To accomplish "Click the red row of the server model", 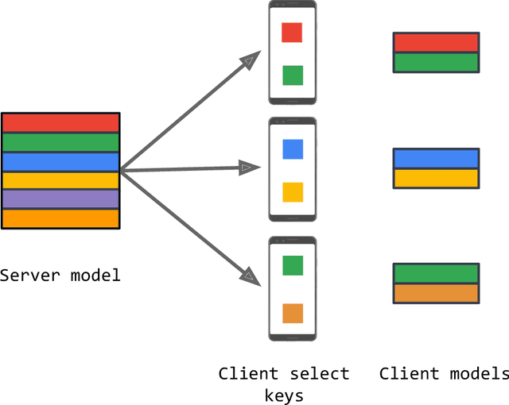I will (60, 123).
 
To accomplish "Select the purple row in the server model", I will (60, 199).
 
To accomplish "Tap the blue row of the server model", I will (60, 162).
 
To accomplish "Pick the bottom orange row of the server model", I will (60, 218).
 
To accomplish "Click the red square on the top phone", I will (292, 33).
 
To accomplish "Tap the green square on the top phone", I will (292, 75).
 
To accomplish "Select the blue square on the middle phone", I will (292, 148).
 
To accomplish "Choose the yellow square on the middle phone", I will (292, 191).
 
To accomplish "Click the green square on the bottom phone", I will (292, 265).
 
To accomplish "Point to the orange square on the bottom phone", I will (292, 313).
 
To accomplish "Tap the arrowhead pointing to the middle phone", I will (249, 168).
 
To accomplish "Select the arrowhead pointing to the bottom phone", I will (251, 276).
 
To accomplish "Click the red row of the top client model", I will (436, 43).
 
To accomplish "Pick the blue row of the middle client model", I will (436, 158).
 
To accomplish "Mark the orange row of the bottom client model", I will (436, 293).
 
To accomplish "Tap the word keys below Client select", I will (284, 394).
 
